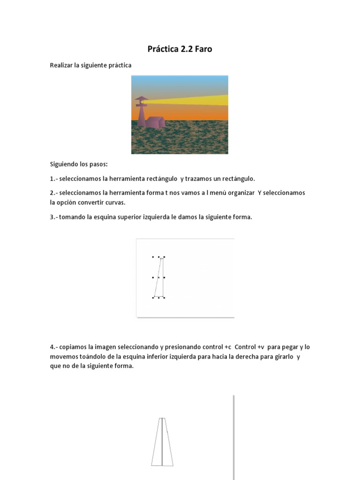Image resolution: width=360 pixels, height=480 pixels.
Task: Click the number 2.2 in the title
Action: pyautogui.click(x=182, y=49)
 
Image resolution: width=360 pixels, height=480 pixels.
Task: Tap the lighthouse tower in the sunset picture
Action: pyautogui.click(x=142, y=112)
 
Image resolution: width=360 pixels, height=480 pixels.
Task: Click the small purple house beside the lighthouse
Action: pyautogui.click(x=155, y=122)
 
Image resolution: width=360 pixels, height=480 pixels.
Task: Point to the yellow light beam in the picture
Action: pyautogui.click(x=197, y=100)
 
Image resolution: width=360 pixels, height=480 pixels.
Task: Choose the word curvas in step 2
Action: pyautogui.click(x=115, y=202)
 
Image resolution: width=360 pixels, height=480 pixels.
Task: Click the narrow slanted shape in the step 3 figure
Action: pyautogui.click(x=159, y=277)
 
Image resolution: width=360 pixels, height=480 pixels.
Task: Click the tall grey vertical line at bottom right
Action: pyautogui.click(x=233, y=436)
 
